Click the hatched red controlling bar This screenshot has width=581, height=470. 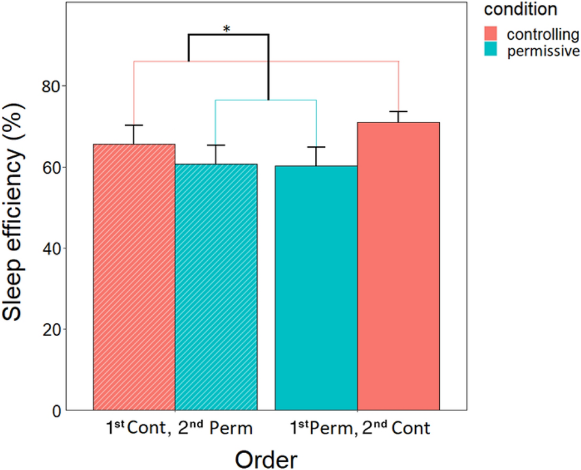[x=134, y=276]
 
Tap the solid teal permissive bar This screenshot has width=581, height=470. [x=316, y=288]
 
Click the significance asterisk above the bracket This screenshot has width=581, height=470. [x=228, y=29]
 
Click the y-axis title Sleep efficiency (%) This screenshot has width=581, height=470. [x=18, y=236]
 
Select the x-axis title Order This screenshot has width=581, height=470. [x=266, y=459]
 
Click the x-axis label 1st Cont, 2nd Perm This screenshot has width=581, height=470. [x=175, y=429]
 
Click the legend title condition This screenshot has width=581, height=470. [x=521, y=10]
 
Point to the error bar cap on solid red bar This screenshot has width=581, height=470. [x=398, y=112]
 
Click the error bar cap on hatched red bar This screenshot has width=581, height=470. [x=134, y=125]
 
